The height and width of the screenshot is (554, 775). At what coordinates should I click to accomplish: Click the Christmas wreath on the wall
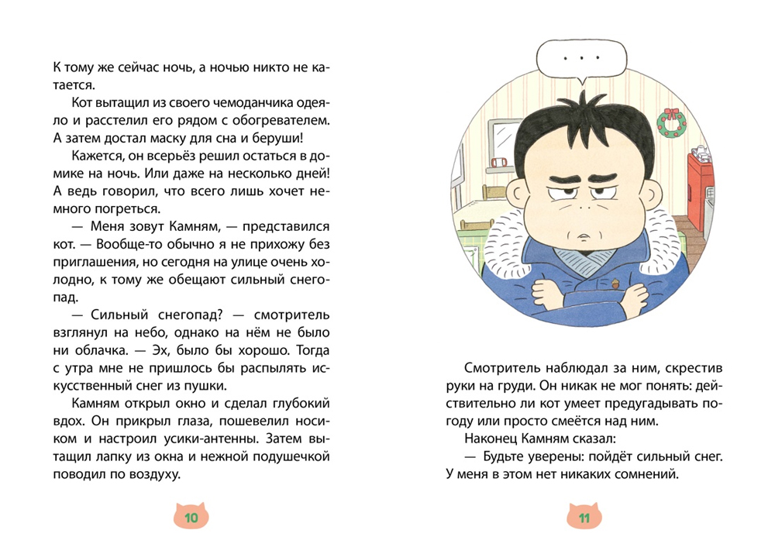670,120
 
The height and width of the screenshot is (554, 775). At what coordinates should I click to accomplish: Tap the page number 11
583,518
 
